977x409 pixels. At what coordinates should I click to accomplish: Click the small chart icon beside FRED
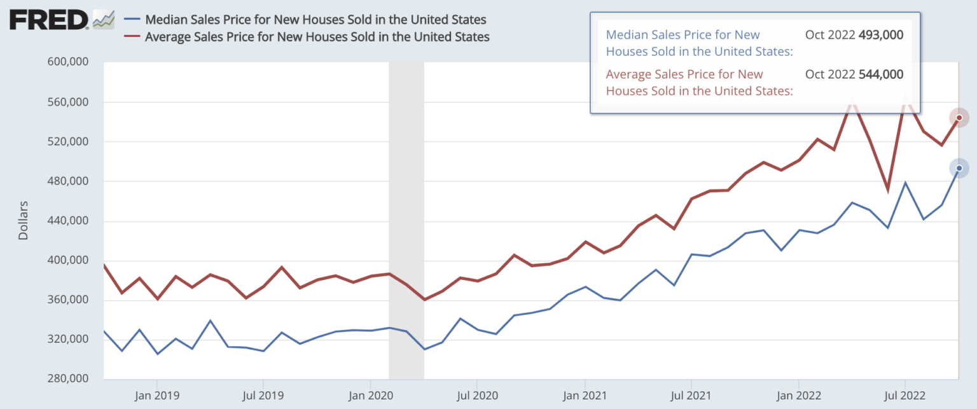coord(104,20)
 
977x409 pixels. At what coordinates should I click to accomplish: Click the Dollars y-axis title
coord(24,221)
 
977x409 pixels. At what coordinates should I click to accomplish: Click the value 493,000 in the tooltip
coord(880,35)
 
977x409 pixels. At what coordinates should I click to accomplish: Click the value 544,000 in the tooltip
coord(880,74)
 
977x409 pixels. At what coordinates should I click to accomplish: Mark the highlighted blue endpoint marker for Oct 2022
coord(959,168)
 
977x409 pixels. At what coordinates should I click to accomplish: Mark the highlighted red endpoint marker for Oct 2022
coord(959,118)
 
